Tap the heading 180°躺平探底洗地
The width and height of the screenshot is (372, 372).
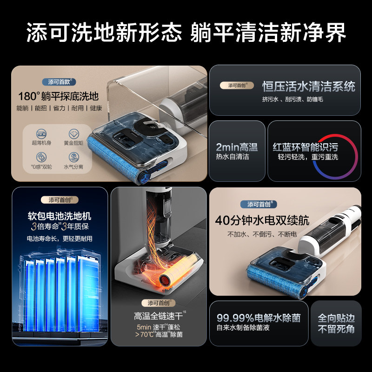pyautogui.click(x=59, y=96)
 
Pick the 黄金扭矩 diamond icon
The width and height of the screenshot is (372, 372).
pyautogui.click(x=74, y=134)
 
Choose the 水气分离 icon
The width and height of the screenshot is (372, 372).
pyautogui.click(x=74, y=157)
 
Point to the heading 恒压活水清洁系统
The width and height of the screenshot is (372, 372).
pyautogui.click(x=308, y=86)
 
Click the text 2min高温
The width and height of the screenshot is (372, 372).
pyautogui.click(x=236, y=147)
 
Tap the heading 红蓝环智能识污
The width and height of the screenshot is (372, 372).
pyautogui.click(x=305, y=147)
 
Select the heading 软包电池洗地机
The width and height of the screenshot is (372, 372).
pyautogui.click(x=60, y=216)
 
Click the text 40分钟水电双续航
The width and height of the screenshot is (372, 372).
pyautogui.click(x=262, y=220)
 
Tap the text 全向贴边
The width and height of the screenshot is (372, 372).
pyautogui.click(x=336, y=319)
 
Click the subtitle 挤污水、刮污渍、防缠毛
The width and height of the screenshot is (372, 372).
pyautogui.click(x=292, y=100)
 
